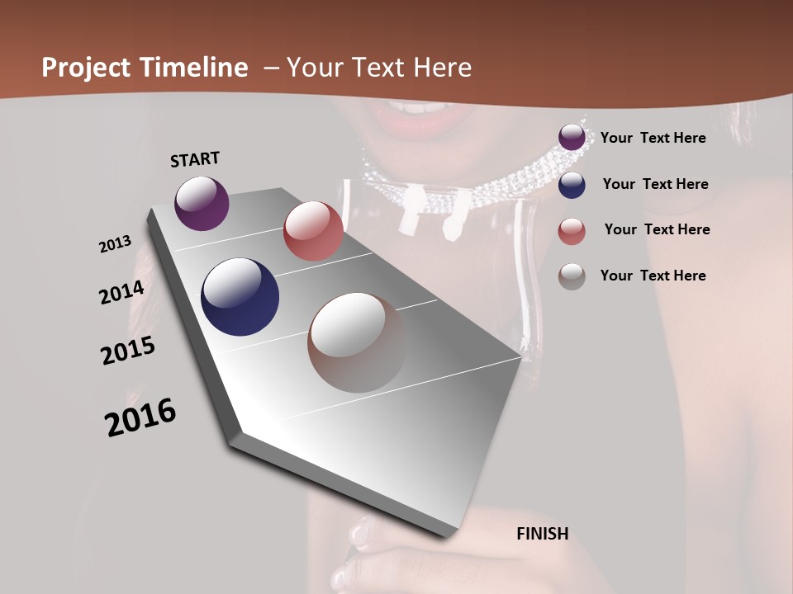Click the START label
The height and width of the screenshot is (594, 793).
coord(195,159)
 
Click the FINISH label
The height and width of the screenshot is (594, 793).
coord(542,534)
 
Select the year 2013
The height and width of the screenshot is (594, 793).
coord(115,244)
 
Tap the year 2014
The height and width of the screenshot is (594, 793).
coord(121,293)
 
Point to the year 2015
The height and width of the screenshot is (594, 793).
coord(128,351)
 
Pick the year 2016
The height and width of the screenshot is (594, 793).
coord(140,417)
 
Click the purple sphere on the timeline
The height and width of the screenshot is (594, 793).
coord(202,204)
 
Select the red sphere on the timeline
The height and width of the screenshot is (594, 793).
coord(313,231)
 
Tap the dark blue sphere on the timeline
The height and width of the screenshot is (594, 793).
coord(240,297)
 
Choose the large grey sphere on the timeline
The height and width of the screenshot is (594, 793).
coord(357,342)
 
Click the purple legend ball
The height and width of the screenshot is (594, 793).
coord(572,138)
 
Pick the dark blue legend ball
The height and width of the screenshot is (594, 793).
coord(572,185)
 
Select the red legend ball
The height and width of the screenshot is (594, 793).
coord(572,231)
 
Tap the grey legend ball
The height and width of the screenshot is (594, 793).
coord(572,276)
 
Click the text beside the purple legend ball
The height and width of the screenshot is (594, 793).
coord(653,138)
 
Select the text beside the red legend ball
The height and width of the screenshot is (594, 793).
coord(657,229)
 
